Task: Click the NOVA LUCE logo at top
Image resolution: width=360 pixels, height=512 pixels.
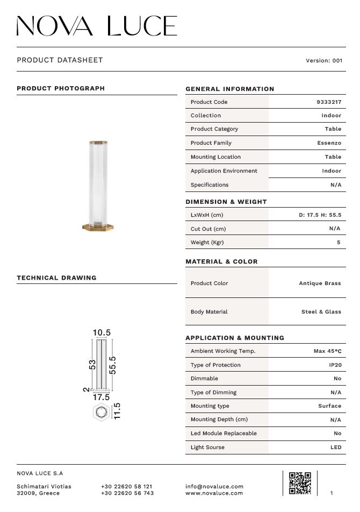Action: (x=97, y=26)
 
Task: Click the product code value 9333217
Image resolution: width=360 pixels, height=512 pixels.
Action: (x=329, y=102)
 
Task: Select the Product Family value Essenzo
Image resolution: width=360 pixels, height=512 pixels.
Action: (x=329, y=143)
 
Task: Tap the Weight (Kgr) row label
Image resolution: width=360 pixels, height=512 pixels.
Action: (x=207, y=243)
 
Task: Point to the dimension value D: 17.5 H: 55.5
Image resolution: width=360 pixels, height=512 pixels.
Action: (x=320, y=215)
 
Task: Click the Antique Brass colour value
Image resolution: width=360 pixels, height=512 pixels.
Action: (x=320, y=283)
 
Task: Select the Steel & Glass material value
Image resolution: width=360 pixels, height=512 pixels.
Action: (x=321, y=312)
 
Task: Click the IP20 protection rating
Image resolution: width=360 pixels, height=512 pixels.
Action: (x=335, y=365)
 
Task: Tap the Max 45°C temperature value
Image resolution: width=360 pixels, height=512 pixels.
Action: (x=327, y=351)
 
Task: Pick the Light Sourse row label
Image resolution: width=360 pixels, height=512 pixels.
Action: (x=207, y=447)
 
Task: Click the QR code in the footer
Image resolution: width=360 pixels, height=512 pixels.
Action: (x=300, y=482)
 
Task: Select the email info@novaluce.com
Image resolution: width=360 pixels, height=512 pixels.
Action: (x=214, y=487)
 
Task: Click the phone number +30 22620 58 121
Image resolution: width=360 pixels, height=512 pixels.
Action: (x=127, y=487)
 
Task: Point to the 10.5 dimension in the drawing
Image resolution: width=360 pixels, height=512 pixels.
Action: (x=102, y=333)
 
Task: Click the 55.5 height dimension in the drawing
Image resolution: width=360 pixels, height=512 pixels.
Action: (x=113, y=365)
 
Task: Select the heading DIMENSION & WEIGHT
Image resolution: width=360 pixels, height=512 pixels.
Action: (x=226, y=202)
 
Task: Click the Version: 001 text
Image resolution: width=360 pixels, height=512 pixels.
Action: (x=323, y=61)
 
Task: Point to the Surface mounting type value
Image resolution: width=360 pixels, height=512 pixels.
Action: (x=329, y=406)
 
